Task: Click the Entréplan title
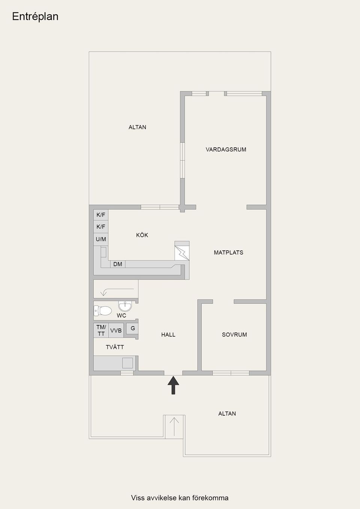[35, 16]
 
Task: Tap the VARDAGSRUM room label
[226, 150]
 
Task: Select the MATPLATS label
[228, 253]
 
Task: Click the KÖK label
[142, 235]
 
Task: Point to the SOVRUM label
[234, 335]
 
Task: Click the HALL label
[168, 335]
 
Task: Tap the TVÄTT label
[115, 347]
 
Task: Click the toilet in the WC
[103, 311]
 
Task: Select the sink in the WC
[125, 306]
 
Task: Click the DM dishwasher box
[118, 264]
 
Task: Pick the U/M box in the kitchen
[101, 239]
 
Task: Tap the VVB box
[116, 331]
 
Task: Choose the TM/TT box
[101, 331]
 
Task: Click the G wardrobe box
[133, 328]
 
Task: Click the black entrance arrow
[173, 385]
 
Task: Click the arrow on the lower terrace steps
[174, 426]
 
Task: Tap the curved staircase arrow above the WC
[116, 290]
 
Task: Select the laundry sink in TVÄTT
[127, 363]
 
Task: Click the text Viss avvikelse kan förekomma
[180, 498]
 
